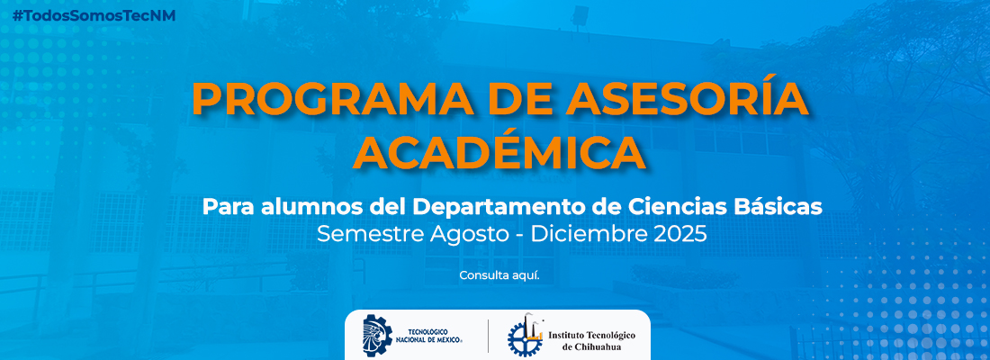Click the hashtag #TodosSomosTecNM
coord(94,16)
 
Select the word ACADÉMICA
coord(500,150)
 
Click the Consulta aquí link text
coord(499,276)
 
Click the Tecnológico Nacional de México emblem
coord(378,335)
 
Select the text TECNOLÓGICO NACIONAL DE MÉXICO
coord(428,336)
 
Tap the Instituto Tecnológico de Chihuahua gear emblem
coord(526,336)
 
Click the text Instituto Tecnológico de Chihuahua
coord(591,341)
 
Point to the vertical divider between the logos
coord(488,336)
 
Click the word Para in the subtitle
coord(228,206)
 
